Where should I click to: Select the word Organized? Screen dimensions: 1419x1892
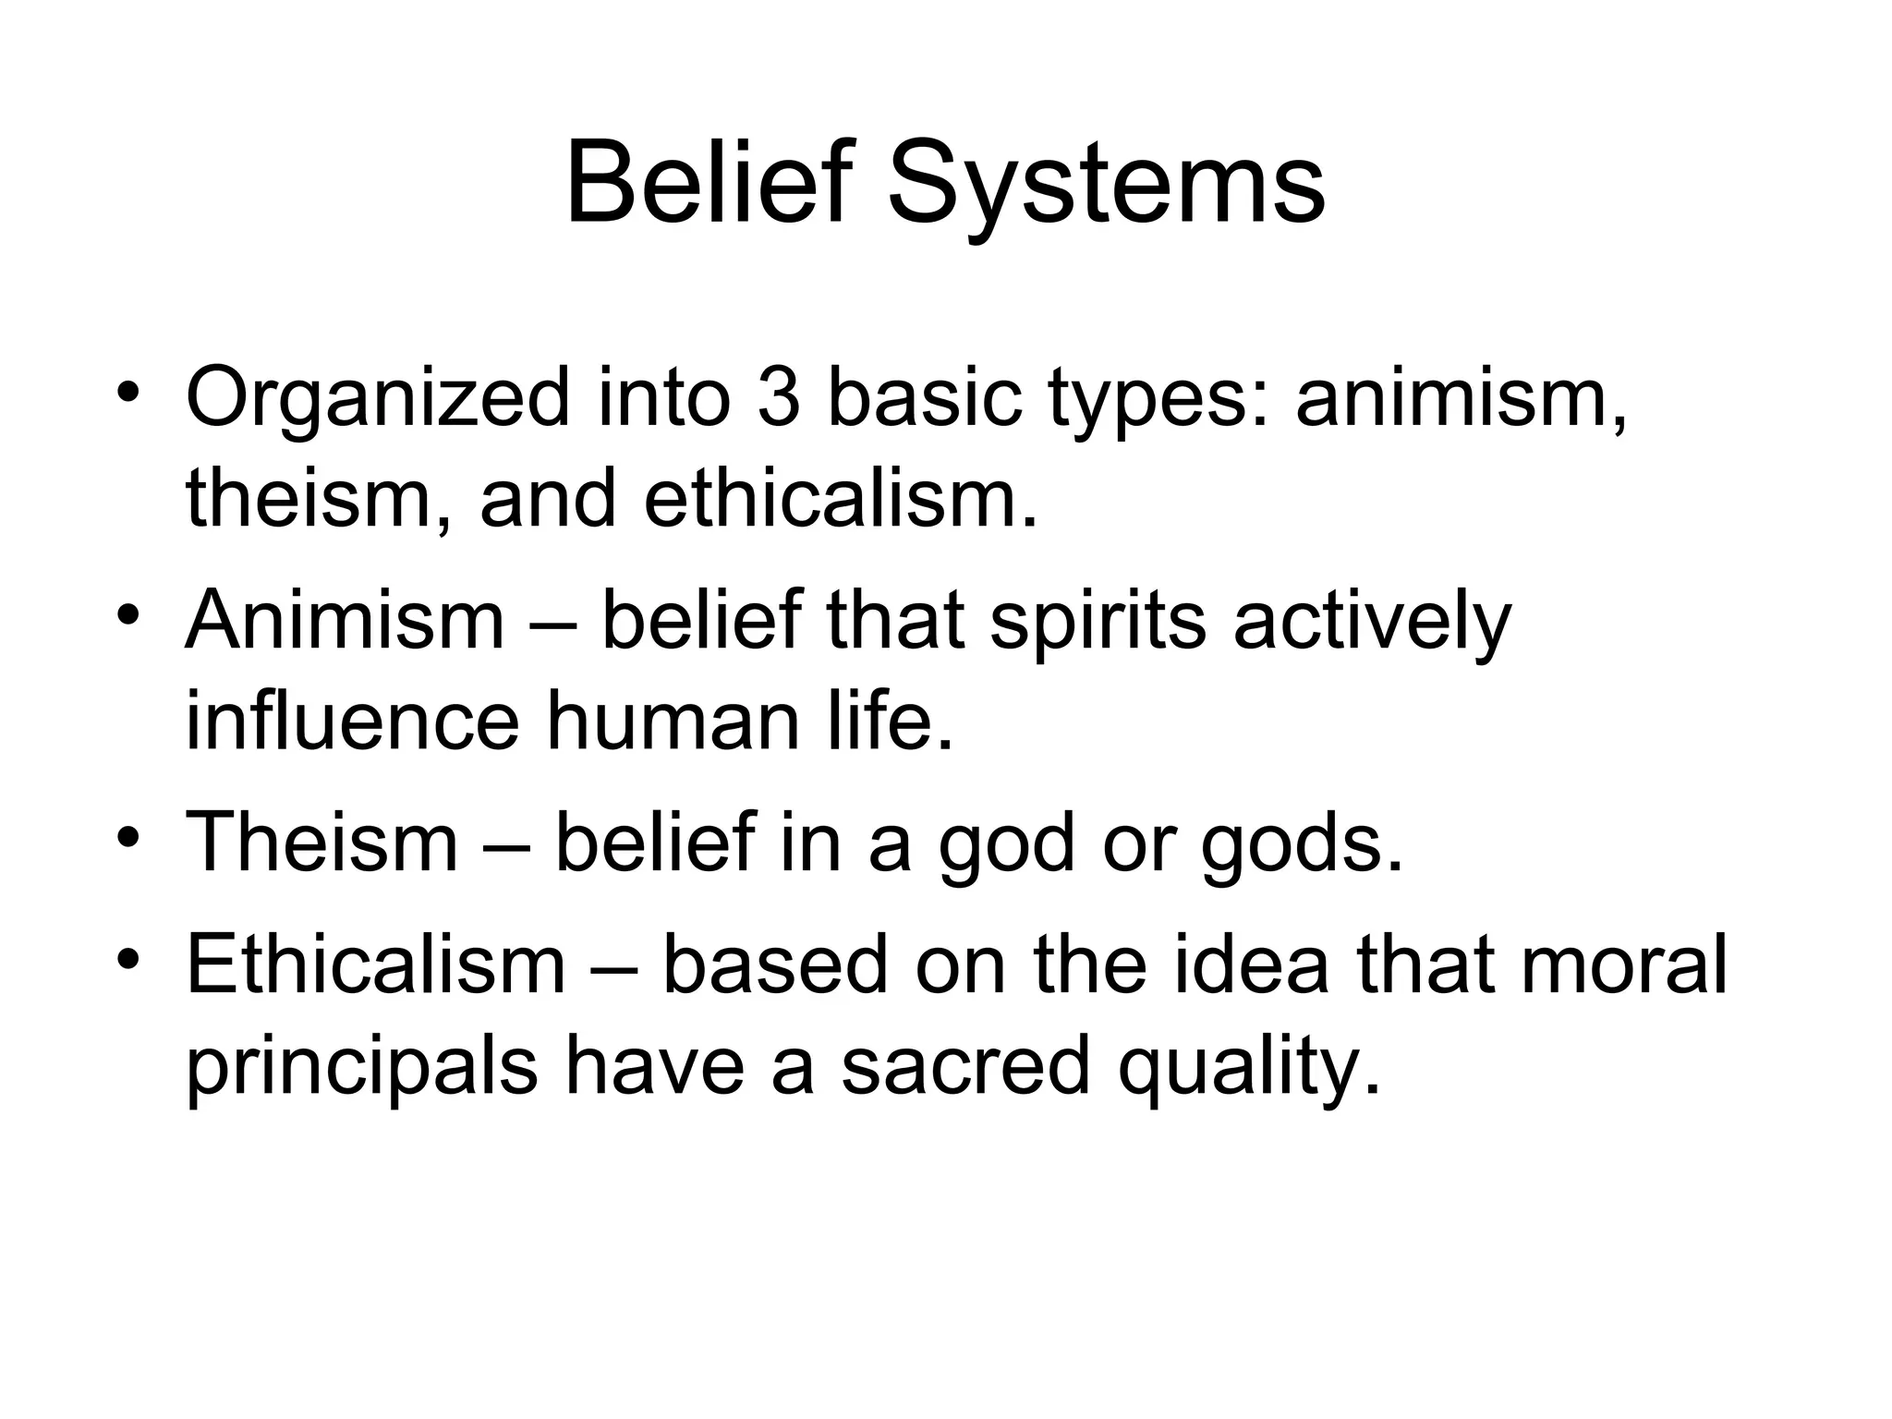tap(378, 398)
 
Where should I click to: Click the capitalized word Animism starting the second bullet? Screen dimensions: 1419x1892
tap(345, 620)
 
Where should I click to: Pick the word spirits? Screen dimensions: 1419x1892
tap(1098, 622)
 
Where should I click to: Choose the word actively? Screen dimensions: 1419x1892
tap(1372, 622)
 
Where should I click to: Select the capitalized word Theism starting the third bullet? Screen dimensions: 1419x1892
tap(321, 842)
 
